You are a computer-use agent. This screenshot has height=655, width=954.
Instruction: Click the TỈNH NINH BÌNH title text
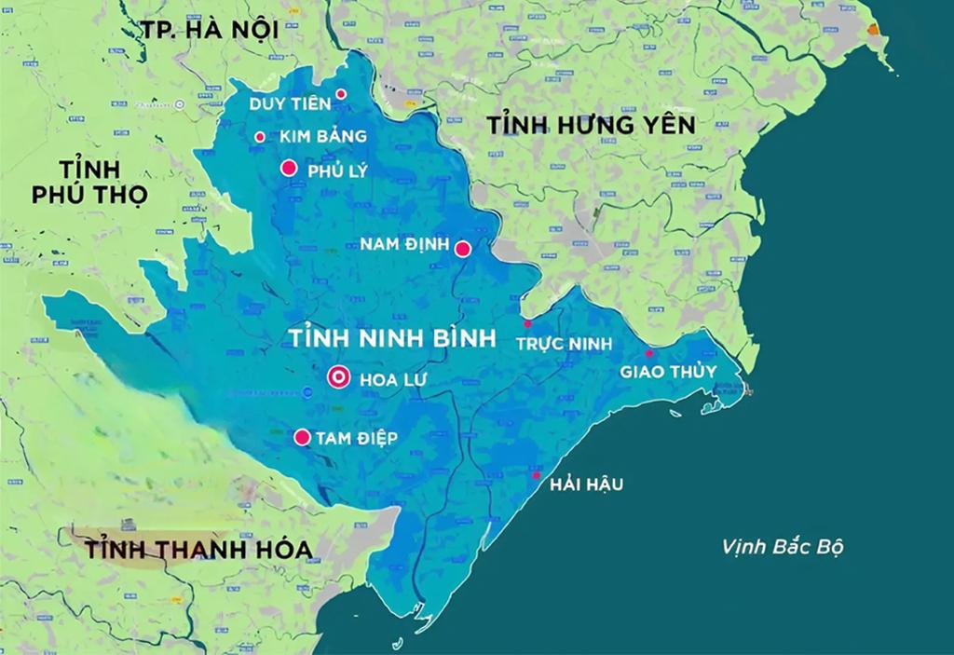(x=392, y=337)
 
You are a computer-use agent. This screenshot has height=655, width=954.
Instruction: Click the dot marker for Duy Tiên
(x=342, y=94)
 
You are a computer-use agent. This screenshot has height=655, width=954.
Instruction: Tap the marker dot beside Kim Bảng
(x=260, y=137)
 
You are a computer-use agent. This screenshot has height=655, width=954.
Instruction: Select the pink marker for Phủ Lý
(x=289, y=169)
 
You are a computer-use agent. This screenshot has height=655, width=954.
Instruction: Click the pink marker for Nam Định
(x=462, y=248)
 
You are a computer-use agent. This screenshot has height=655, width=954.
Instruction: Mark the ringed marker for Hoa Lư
(x=339, y=377)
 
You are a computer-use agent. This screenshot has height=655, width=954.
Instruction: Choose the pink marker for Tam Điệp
(x=302, y=437)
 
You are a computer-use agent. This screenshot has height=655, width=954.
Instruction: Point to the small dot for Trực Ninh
(x=527, y=324)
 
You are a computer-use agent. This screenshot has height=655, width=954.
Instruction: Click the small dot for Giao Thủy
(x=649, y=354)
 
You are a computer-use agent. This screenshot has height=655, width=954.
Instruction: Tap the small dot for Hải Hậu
(x=536, y=476)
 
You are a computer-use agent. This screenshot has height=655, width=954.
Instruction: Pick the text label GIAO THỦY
(x=670, y=373)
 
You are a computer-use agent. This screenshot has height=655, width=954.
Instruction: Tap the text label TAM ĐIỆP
(x=357, y=438)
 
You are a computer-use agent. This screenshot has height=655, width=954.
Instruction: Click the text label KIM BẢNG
(x=316, y=137)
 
